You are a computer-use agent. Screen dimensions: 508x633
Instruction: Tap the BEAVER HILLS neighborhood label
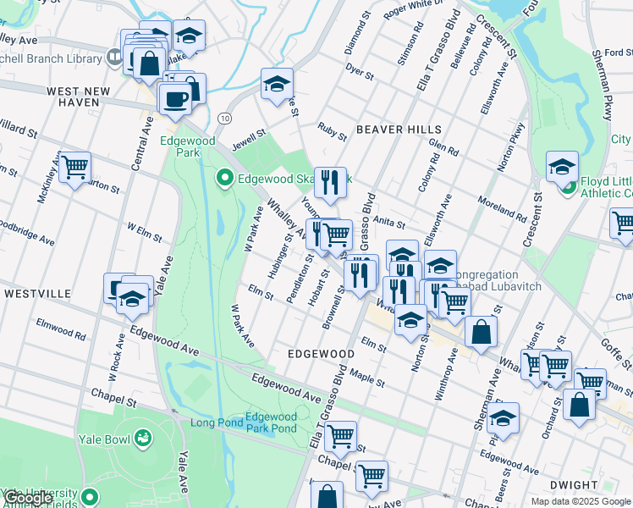(399, 129)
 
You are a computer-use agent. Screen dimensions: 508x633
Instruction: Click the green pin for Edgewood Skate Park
(224, 178)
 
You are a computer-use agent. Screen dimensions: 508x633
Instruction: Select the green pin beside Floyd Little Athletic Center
(568, 185)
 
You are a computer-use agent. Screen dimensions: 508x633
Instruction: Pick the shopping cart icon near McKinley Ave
(74, 167)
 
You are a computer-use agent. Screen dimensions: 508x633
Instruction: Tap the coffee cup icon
(175, 98)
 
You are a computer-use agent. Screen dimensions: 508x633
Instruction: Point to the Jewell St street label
(250, 133)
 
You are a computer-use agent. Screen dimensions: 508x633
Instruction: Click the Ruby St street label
(332, 131)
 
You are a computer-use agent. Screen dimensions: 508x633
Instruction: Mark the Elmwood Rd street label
(61, 329)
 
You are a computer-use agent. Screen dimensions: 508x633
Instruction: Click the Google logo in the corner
(28, 499)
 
